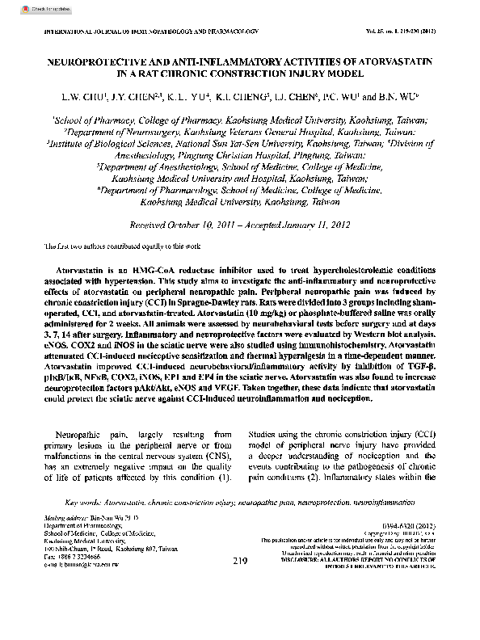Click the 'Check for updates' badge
(27, 6)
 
